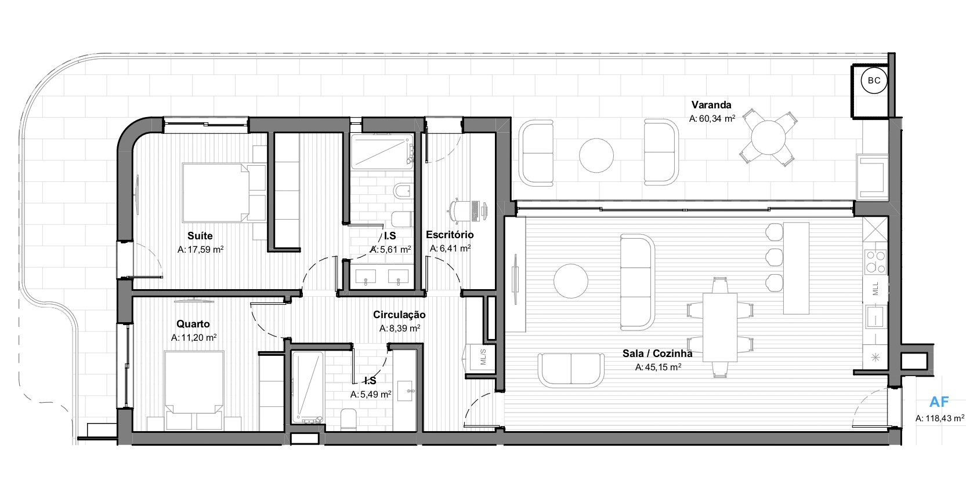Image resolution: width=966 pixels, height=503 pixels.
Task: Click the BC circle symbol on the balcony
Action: click(874, 81)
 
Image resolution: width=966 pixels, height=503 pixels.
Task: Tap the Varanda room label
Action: click(711, 105)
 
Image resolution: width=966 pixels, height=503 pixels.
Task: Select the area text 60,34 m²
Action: click(717, 118)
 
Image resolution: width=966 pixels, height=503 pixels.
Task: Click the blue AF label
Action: click(939, 402)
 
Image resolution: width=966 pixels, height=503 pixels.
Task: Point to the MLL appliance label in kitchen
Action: click(875, 289)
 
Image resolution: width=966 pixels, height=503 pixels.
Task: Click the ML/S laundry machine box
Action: click(483, 357)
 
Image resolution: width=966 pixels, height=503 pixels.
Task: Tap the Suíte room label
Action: click(200, 236)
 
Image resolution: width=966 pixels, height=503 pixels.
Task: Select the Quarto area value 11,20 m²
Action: click(198, 338)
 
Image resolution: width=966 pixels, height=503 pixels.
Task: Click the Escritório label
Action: click(450, 235)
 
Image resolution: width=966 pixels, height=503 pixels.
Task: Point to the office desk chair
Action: click(457, 211)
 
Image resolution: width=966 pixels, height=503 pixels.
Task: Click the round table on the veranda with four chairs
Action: click(769, 137)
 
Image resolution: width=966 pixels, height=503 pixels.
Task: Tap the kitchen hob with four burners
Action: click(875, 262)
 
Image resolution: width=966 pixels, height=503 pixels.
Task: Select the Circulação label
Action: click(399, 315)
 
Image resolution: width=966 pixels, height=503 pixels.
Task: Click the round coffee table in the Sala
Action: click(570, 281)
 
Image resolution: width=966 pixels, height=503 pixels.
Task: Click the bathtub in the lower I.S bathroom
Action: click(307, 387)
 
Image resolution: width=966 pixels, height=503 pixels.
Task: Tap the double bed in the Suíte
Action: click(216, 192)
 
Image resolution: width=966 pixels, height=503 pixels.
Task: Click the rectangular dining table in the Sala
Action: click(720, 327)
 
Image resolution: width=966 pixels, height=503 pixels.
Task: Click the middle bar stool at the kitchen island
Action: click(774, 257)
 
